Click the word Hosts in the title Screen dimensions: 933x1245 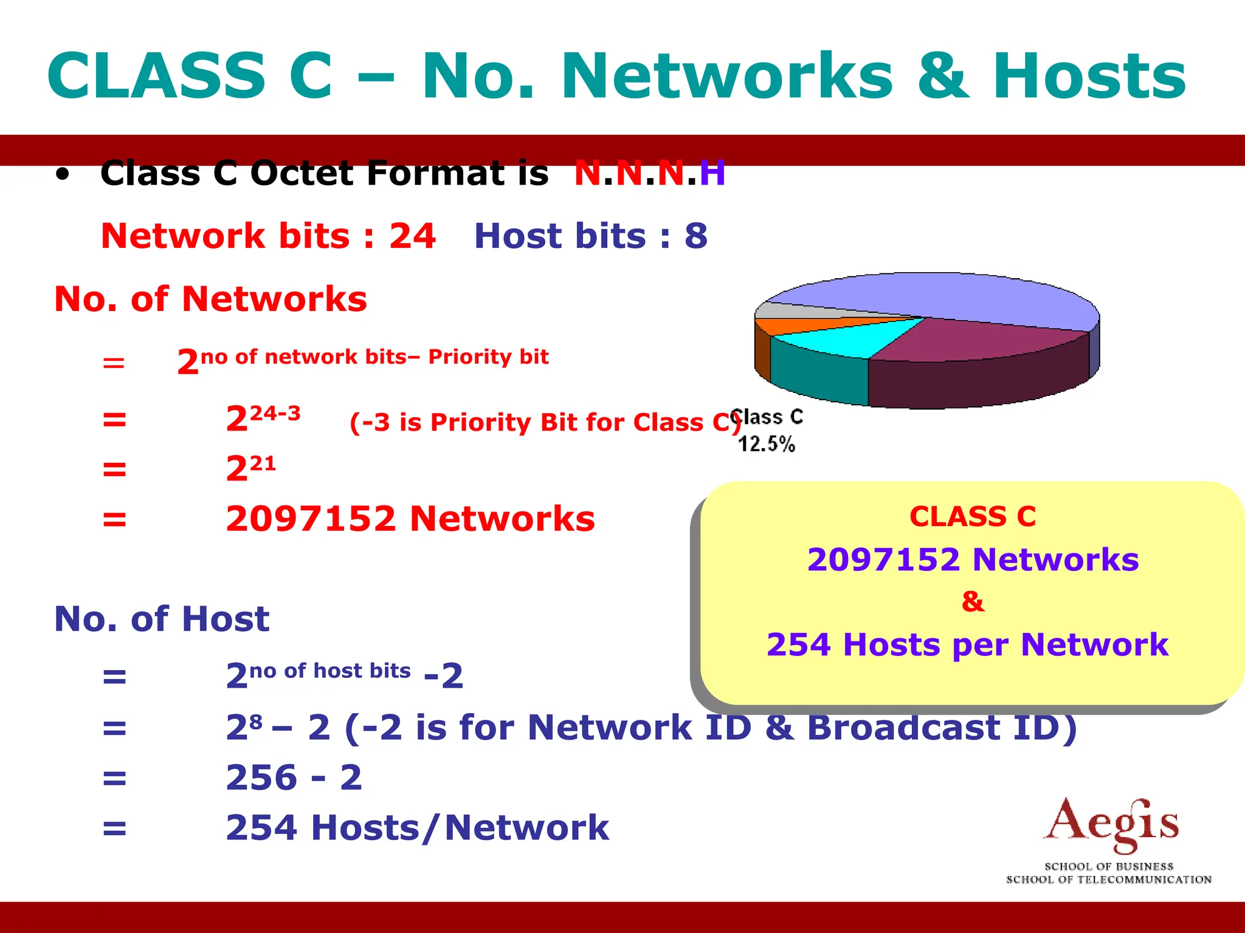tap(1089, 77)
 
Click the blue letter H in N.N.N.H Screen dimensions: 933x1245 tap(712, 174)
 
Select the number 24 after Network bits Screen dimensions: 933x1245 tap(412, 236)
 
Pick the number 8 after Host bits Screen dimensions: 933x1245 tap(696, 236)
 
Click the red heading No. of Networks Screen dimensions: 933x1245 tap(210, 299)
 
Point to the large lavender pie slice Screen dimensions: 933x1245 tap(948, 298)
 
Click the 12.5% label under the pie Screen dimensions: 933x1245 tap(766, 444)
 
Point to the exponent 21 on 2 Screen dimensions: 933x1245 tap(263, 464)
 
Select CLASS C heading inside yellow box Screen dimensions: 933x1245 tap(973, 517)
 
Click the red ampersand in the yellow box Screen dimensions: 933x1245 tap(973, 602)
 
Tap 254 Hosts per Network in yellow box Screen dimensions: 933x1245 tap(967, 644)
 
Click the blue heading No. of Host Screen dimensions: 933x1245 tap(162, 619)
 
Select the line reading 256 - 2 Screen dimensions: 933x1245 tap(294, 777)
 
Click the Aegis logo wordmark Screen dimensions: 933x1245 tap(1111, 824)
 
